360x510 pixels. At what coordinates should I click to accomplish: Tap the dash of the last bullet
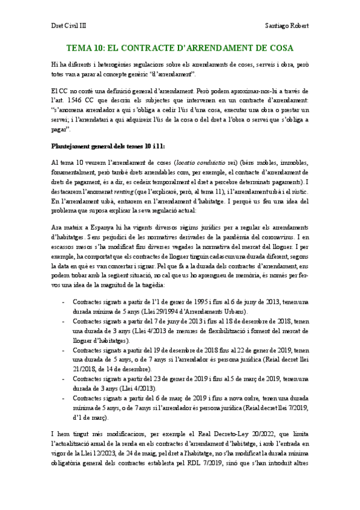click(63, 399)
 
